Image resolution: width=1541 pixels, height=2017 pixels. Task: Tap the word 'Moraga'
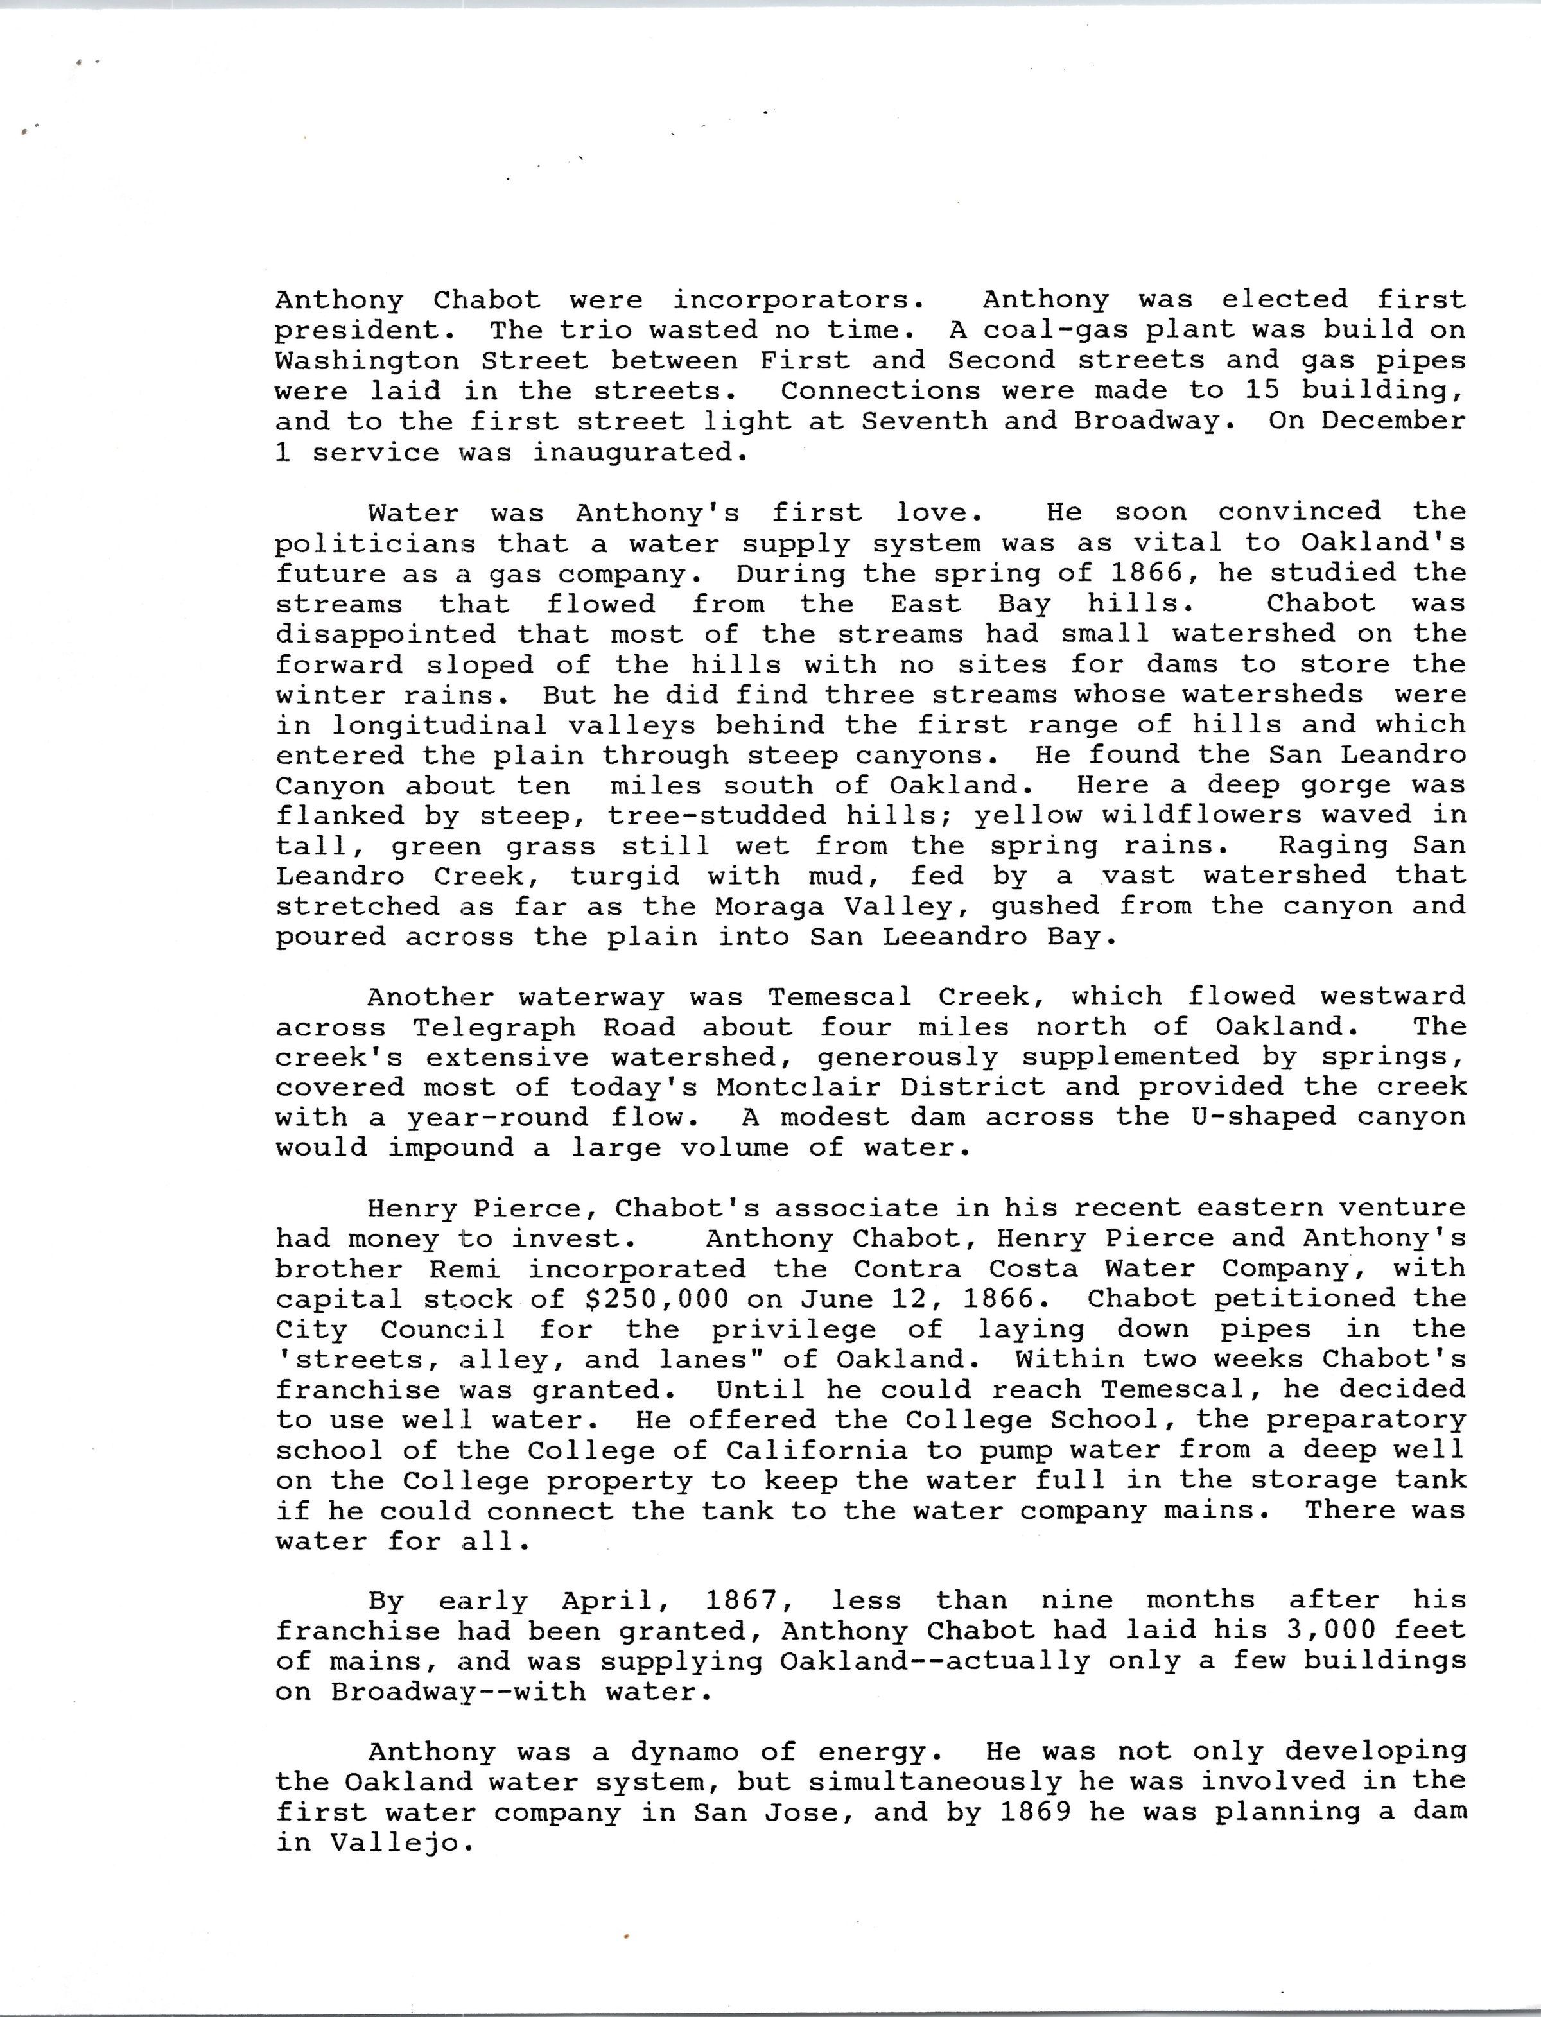(x=769, y=906)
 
